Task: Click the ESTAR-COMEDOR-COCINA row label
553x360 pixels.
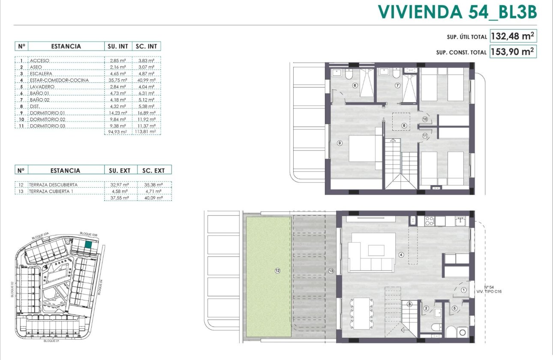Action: click(59, 80)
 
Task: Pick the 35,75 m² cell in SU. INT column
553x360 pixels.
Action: click(117, 80)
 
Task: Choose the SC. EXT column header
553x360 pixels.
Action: click(153, 170)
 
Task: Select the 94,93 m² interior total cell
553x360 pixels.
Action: click(117, 132)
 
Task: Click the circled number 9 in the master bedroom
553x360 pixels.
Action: click(340, 143)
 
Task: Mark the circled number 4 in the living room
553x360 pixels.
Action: click(401, 255)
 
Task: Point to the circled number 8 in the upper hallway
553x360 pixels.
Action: click(404, 126)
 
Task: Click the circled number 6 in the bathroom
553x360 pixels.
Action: click(355, 85)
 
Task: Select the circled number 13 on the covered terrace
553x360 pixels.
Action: click(331, 270)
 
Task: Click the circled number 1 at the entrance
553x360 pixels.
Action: click(464, 290)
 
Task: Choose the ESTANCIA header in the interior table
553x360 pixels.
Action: click(66, 46)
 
